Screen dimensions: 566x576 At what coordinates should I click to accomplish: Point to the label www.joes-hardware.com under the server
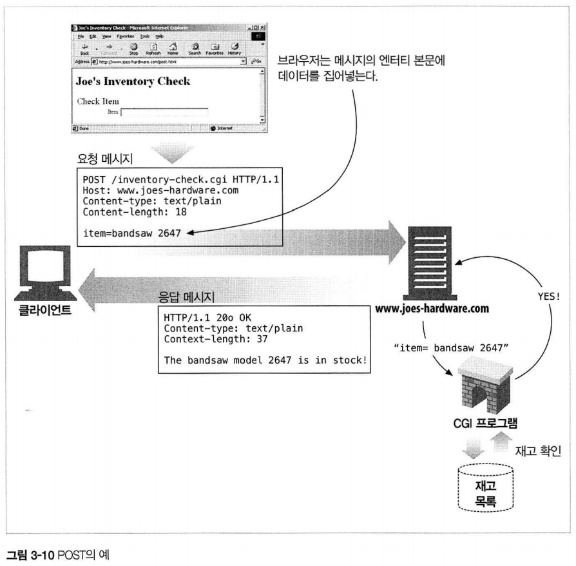pos(432,309)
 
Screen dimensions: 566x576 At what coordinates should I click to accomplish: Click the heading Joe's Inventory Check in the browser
pos(133,82)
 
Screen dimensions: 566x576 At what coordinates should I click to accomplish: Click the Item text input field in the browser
pos(164,112)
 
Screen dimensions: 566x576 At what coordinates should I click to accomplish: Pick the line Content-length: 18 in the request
pos(135,212)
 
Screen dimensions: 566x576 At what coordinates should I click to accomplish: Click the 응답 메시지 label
pos(186,297)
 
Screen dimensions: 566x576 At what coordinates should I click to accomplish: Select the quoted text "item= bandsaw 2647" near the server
pos(451,348)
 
